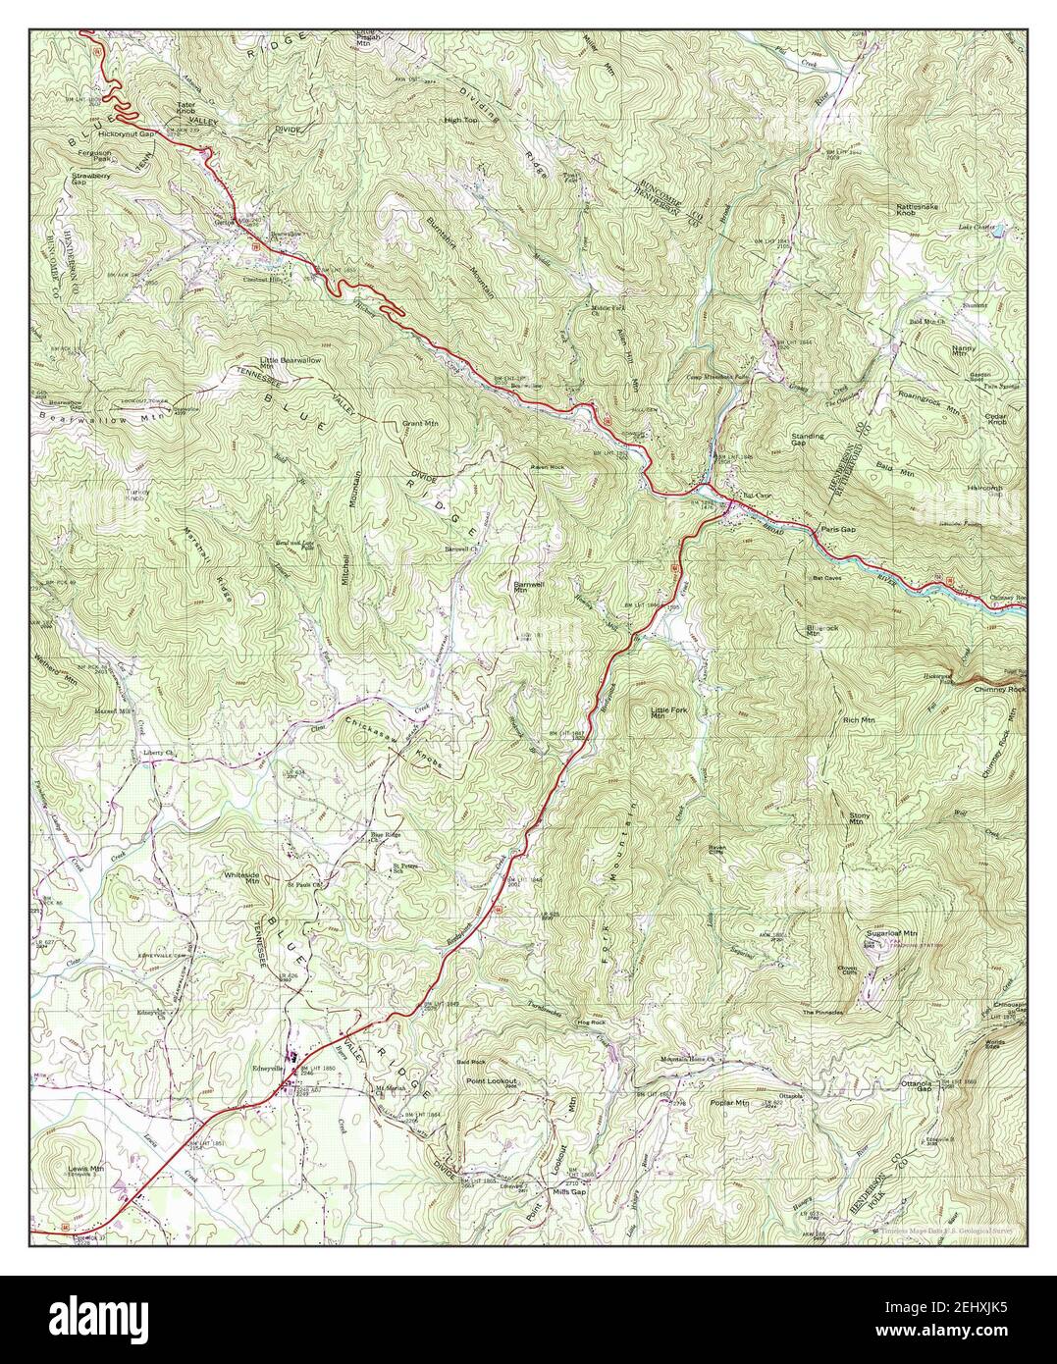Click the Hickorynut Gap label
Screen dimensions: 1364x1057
[x=127, y=132]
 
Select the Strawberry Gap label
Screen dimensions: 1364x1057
[x=92, y=180]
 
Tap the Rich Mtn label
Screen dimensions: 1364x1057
[x=859, y=720]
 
